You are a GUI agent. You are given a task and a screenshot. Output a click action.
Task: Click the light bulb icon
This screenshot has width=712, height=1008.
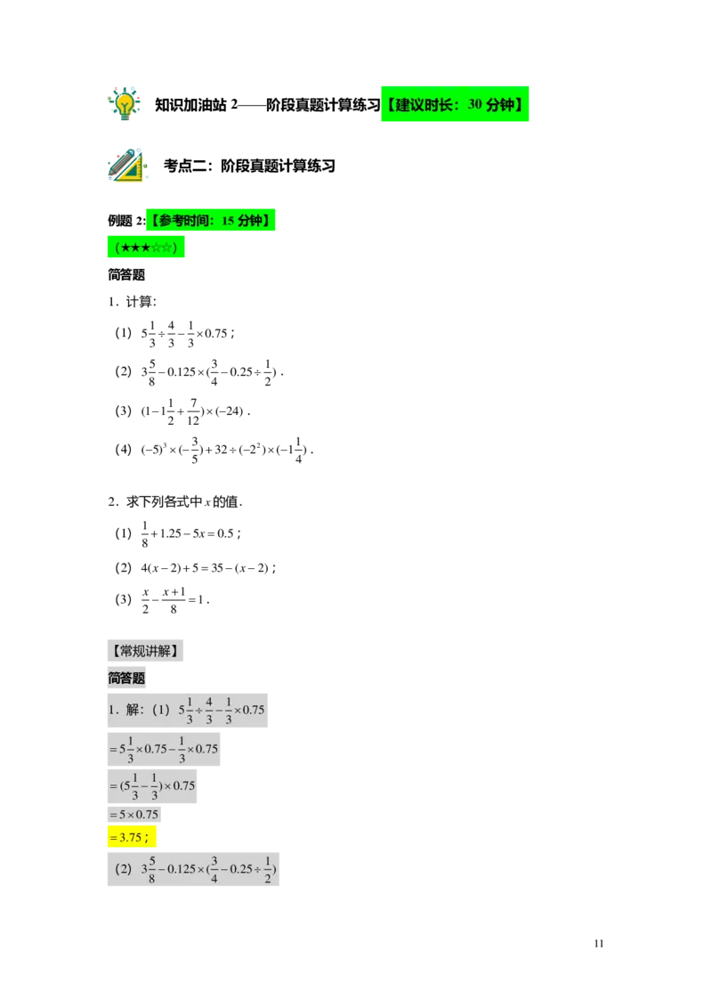tap(125, 103)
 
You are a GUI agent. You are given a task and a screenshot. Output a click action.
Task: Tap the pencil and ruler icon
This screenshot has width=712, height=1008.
tap(126, 166)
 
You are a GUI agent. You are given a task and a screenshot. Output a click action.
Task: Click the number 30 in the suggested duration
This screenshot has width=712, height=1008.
tap(475, 105)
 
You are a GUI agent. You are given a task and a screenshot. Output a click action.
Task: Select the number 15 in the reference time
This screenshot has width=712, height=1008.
tap(228, 221)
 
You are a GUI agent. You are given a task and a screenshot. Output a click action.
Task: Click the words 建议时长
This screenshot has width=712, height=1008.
tap(422, 105)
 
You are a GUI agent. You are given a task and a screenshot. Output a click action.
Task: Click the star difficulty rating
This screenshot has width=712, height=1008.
tap(145, 248)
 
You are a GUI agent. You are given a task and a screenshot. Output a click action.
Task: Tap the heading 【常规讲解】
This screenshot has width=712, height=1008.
tap(146, 651)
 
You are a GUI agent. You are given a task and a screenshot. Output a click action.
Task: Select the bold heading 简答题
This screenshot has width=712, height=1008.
tap(126, 679)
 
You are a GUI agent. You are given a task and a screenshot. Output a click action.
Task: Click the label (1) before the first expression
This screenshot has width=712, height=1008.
tap(161, 711)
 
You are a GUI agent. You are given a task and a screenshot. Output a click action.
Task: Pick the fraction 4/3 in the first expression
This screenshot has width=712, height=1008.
tap(209, 711)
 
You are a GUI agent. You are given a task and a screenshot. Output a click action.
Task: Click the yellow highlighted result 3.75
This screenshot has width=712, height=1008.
tap(131, 837)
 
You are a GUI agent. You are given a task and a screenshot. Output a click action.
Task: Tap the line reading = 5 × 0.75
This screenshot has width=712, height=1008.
tap(134, 815)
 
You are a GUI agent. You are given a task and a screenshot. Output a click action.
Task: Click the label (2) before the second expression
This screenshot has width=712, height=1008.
tap(124, 868)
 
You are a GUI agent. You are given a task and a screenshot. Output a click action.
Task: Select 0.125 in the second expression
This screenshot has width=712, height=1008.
tap(178, 869)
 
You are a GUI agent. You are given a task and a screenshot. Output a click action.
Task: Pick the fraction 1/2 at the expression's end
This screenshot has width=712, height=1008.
tap(268, 869)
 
